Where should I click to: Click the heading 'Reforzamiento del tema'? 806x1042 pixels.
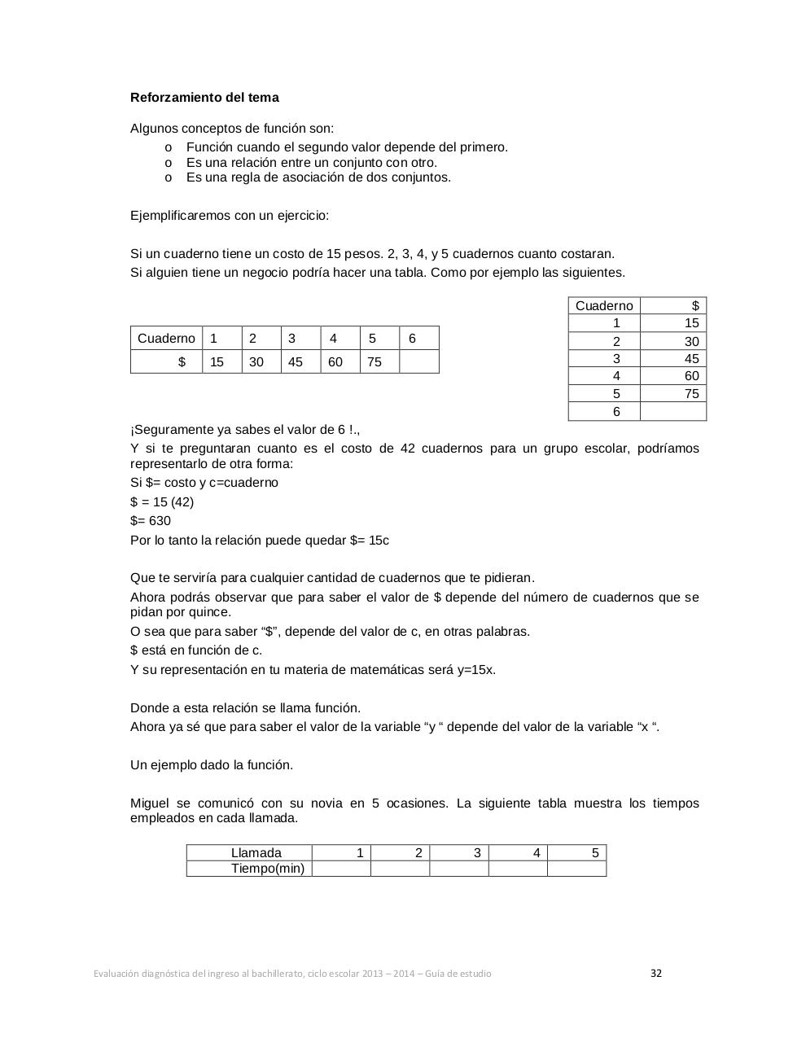pos(204,98)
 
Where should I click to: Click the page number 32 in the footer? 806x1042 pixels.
pos(656,973)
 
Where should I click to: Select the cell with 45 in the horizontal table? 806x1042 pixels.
pos(300,361)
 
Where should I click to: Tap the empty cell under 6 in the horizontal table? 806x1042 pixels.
pos(418,361)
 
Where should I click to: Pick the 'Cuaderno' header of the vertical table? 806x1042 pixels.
pos(604,306)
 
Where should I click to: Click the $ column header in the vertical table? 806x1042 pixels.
pos(673,306)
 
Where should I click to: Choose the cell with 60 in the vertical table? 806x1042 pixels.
pos(673,376)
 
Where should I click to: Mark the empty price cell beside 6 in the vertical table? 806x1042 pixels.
pos(673,412)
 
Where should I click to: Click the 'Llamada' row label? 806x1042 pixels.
pos(256,853)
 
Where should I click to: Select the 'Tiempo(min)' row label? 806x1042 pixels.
pos(268,869)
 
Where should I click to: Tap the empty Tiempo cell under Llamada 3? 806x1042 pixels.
pos(459,869)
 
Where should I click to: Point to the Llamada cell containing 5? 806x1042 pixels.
pos(577,853)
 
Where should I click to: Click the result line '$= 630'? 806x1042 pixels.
pos(151,521)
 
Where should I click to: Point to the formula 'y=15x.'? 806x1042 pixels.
pos(476,670)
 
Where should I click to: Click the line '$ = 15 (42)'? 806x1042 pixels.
pos(162,502)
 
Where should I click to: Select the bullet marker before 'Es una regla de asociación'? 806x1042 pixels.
pos(169,177)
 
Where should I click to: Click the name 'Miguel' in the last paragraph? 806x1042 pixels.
pos(149,803)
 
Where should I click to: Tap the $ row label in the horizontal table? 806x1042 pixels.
pos(167,361)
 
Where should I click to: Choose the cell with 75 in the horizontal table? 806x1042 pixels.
pos(379,361)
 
